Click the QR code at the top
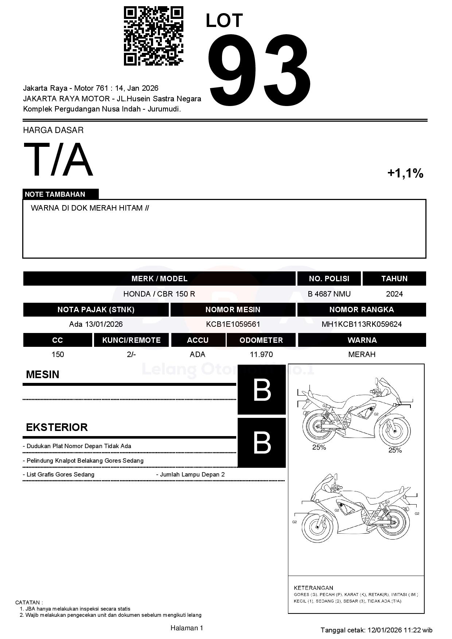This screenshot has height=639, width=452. pyautogui.click(x=153, y=36)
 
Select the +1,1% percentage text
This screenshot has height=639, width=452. pyautogui.click(x=405, y=173)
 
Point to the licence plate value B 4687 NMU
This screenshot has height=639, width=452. pyautogui.click(x=329, y=294)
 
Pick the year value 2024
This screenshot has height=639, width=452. pyautogui.click(x=394, y=294)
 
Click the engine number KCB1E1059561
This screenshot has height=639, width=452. pyautogui.click(x=233, y=324)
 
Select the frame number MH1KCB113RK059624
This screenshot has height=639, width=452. pyautogui.click(x=362, y=324)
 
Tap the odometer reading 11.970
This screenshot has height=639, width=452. pyautogui.click(x=261, y=354)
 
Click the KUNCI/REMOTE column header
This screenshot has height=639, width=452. pyautogui.click(x=131, y=340)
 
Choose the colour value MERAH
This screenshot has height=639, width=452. pyautogui.click(x=362, y=354)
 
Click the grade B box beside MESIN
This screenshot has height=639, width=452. pyautogui.click(x=261, y=390)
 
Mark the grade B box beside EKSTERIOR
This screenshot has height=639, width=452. pyautogui.click(x=261, y=443)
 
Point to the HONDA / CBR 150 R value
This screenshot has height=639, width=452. pyautogui.click(x=159, y=294)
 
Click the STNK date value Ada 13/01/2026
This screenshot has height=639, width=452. pyautogui.click(x=96, y=324)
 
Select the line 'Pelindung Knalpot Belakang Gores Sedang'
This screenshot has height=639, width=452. pyautogui.click(x=85, y=460)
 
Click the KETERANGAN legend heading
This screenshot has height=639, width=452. pyautogui.click(x=313, y=588)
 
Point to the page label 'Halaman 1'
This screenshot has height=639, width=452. pyautogui.click(x=187, y=628)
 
